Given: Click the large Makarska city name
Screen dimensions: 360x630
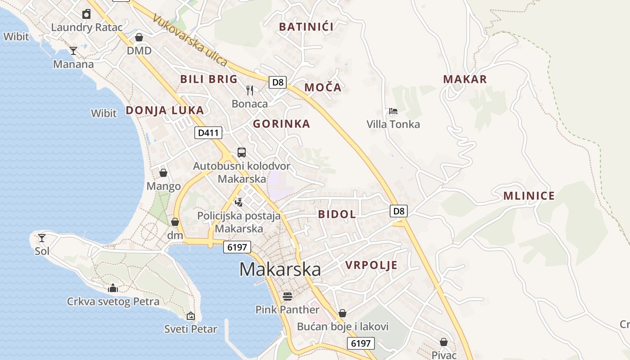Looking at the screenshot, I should point(280,270).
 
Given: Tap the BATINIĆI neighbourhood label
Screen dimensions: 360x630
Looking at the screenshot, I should point(306,27).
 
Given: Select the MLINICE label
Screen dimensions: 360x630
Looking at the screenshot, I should point(529,196).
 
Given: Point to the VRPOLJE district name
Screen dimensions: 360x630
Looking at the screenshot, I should point(372,265).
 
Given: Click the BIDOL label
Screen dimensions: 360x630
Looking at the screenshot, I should point(337,214).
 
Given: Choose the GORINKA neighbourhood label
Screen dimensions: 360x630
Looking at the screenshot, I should point(282,124).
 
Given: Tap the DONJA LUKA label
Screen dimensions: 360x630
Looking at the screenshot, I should point(165,110).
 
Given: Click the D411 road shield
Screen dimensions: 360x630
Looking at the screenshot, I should point(208,132).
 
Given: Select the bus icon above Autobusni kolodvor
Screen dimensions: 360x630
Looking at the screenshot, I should point(242,152).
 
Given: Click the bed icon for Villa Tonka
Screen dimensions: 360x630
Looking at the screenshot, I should point(393,111).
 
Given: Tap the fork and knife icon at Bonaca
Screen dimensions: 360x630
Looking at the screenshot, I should point(250,90).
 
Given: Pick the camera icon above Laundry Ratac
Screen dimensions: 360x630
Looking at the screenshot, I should point(86,14).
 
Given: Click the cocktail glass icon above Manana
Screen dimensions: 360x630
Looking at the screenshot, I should point(73,51).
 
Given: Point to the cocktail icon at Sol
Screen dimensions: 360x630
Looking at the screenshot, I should point(42,238).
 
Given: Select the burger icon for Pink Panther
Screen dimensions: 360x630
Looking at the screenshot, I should point(287,297).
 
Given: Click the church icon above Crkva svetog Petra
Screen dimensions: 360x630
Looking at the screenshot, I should point(113,288).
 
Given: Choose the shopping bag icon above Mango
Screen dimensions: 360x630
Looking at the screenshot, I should point(163,173).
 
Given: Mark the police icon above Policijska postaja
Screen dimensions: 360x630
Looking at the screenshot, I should point(239,202).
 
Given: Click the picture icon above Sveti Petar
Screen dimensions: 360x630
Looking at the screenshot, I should point(191,316).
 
